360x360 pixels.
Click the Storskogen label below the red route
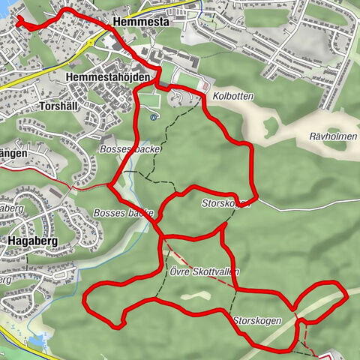pyautogui.click(x=256, y=320)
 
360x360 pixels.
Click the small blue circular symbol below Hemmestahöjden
pyautogui.click(x=154, y=117)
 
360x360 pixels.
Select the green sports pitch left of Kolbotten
pyautogui.click(x=185, y=78)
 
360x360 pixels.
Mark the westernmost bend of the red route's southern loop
pyautogui.click(x=85, y=300)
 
